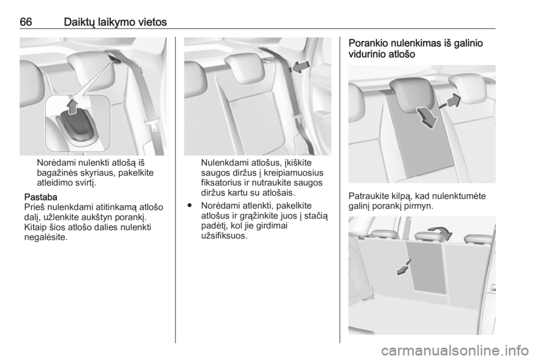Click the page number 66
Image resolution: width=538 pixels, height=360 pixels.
pyautogui.click(x=26, y=22)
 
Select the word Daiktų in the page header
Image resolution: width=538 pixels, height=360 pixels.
pyautogui.click(x=79, y=22)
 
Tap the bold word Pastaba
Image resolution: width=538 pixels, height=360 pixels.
pyautogui.click(x=41, y=197)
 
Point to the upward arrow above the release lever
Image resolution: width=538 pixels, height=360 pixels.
pyautogui.click(x=72, y=106)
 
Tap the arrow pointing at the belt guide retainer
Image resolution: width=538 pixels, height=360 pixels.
pyautogui.click(x=302, y=67)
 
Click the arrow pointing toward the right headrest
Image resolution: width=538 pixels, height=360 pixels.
pyautogui.click(x=452, y=101)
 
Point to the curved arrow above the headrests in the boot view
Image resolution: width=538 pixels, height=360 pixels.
pyautogui.click(x=442, y=231)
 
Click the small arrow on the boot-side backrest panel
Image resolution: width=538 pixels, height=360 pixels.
pyautogui.click(x=403, y=267)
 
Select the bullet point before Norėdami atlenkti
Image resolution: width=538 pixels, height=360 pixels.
pyautogui.click(x=189, y=206)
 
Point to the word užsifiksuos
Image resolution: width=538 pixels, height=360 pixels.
pyautogui.click(x=224, y=236)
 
